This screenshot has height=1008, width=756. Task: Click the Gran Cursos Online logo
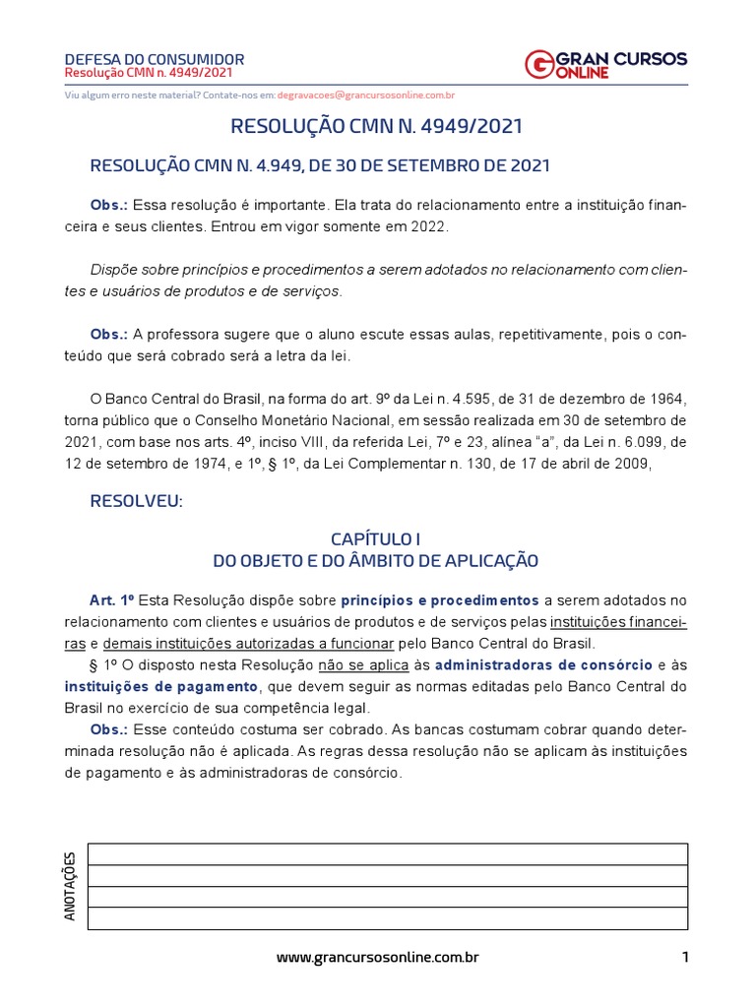point(606,64)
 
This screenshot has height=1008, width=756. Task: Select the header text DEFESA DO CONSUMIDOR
point(154,59)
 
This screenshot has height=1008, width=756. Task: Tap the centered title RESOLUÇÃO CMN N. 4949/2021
point(376,127)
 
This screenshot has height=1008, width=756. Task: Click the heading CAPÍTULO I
point(376,539)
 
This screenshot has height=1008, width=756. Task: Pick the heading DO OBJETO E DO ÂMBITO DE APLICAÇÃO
point(376,560)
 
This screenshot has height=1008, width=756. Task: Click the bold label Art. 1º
point(110,600)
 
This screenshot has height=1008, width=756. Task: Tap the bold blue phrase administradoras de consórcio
point(542,665)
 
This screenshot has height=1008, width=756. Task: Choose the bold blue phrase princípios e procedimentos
point(440,600)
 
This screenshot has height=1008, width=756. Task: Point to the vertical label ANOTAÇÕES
point(70,887)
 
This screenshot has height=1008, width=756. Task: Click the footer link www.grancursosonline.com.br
point(377,957)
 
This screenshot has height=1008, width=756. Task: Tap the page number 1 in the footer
point(684,957)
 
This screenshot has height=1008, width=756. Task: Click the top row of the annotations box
point(388,854)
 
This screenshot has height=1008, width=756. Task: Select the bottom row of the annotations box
point(388,918)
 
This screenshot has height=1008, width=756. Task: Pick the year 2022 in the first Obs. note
point(427,225)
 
